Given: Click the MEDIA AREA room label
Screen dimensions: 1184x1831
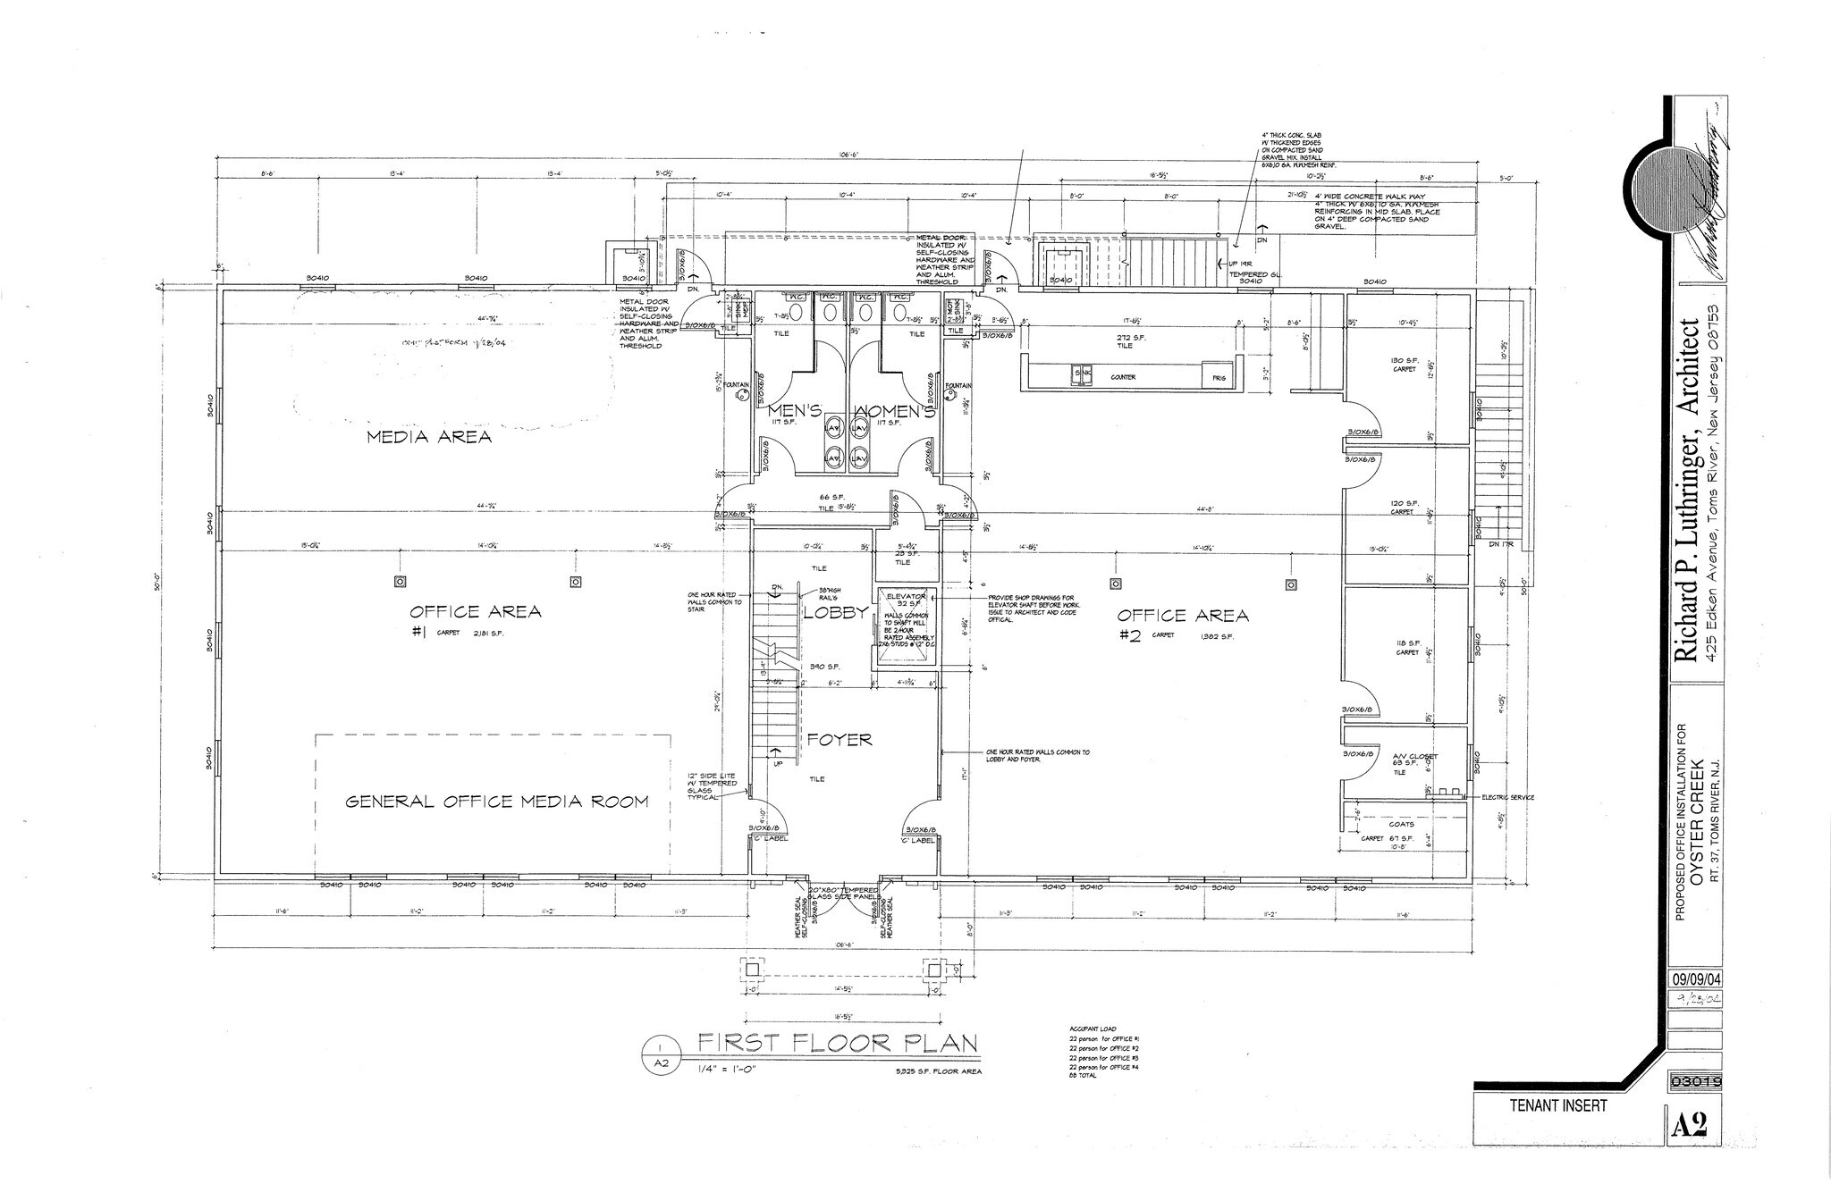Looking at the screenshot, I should [x=430, y=437].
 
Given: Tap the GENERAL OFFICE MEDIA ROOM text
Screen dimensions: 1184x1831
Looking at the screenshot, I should [x=497, y=802].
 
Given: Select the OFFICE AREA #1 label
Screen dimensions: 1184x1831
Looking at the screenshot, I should [x=475, y=612].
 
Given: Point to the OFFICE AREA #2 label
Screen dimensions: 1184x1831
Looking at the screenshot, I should [x=1182, y=615].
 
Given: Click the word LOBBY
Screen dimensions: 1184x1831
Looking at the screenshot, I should [x=835, y=613].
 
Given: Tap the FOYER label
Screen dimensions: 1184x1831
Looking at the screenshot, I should [x=839, y=740].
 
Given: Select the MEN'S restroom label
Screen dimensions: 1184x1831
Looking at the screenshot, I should [x=795, y=412].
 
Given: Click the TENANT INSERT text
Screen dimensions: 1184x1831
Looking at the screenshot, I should [x=1557, y=1106].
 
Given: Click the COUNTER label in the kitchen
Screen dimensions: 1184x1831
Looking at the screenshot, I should [x=1123, y=377].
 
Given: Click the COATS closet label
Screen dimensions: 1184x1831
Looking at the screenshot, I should [x=1401, y=824].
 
